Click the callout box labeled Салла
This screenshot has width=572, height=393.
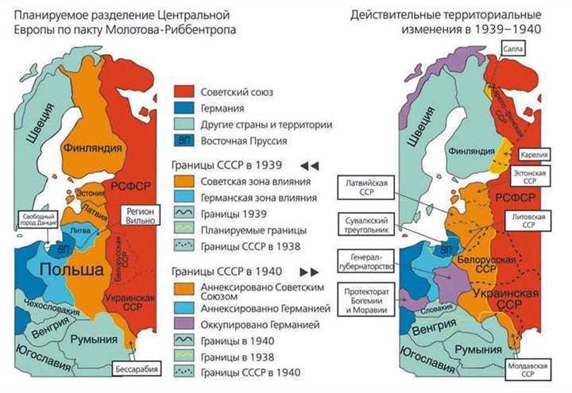coord(512,48)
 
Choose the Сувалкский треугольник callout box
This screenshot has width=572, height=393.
coord(367,224)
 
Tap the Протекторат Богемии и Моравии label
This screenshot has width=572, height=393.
coord(367,299)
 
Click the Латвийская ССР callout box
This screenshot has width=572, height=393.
coord(366,187)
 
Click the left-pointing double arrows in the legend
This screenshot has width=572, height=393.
coord(309,166)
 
